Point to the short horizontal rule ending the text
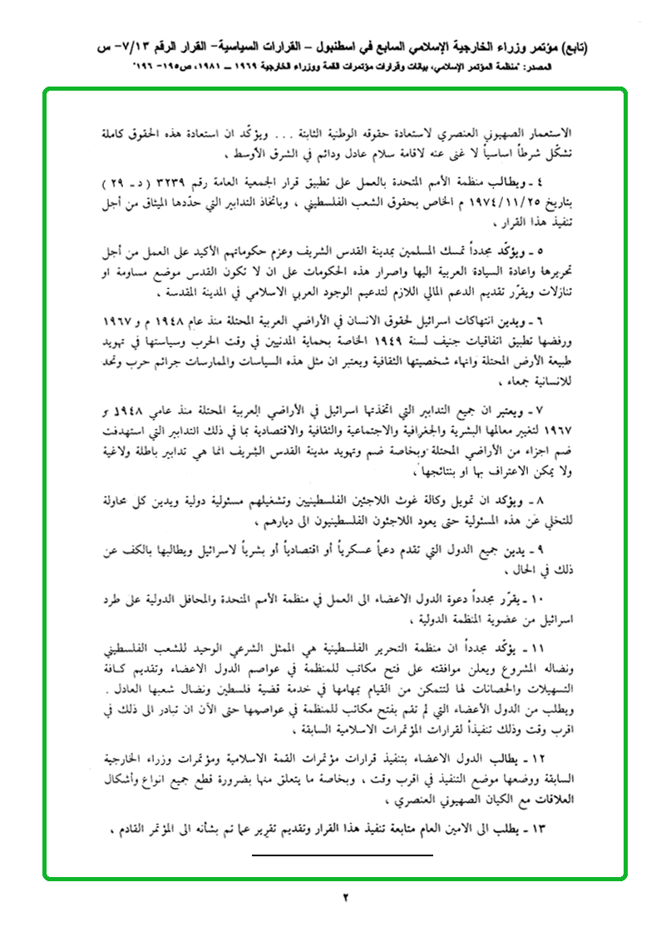click(x=343, y=854)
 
